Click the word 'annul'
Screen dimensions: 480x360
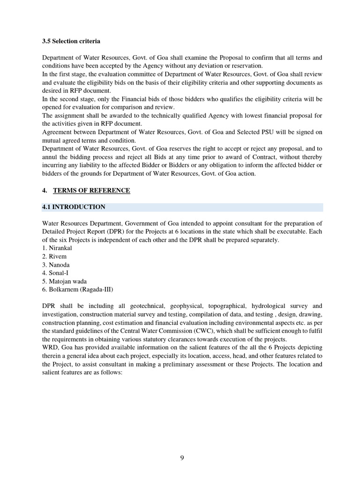pyautogui.click(x=49, y=157)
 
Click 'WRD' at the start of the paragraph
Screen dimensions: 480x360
pyautogui.click(x=49, y=347)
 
